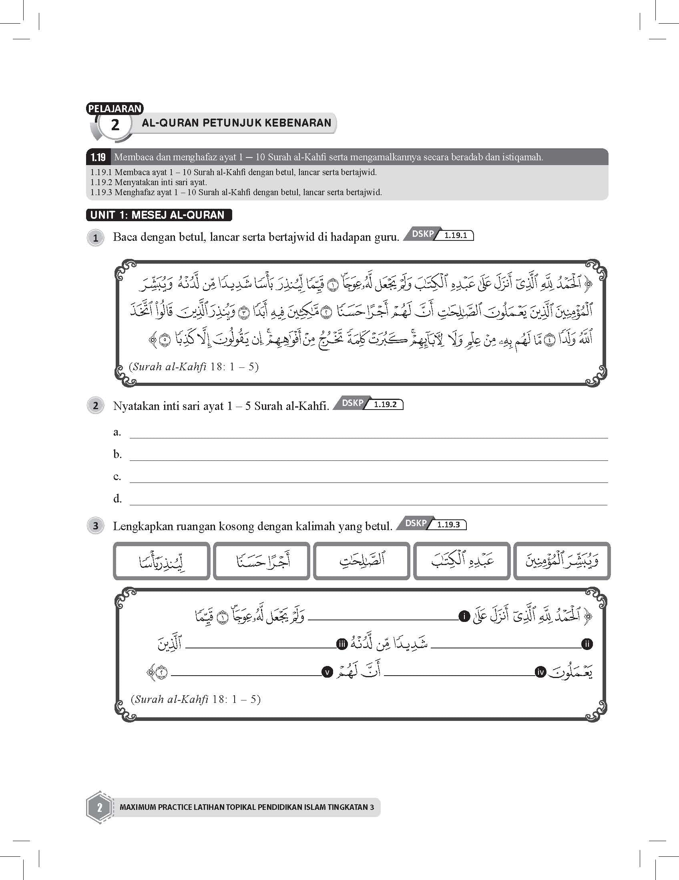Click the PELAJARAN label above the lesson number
pyautogui.click(x=115, y=108)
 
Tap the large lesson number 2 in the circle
pyautogui.click(x=115, y=125)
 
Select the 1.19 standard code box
pyautogui.click(x=98, y=157)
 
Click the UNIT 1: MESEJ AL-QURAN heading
pyautogui.click(x=159, y=215)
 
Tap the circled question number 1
pyautogui.click(x=95, y=238)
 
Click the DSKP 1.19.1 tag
pyautogui.click(x=439, y=235)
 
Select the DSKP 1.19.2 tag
pyautogui.click(x=368, y=404)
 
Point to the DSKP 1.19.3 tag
pyautogui.click(x=432, y=524)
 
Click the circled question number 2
pyautogui.click(x=95, y=406)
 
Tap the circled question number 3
pyautogui.click(x=95, y=526)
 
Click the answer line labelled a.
pyautogui.click(x=368, y=434)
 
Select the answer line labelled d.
pyautogui.click(x=368, y=501)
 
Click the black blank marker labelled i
pyautogui.click(x=464, y=616)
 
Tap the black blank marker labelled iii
pyautogui.click(x=342, y=644)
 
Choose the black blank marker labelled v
pyautogui.click(x=327, y=672)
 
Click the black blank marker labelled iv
pyautogui.click(x=540, y=672)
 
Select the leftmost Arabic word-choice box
pyautogui.click(x=161, y=561)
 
